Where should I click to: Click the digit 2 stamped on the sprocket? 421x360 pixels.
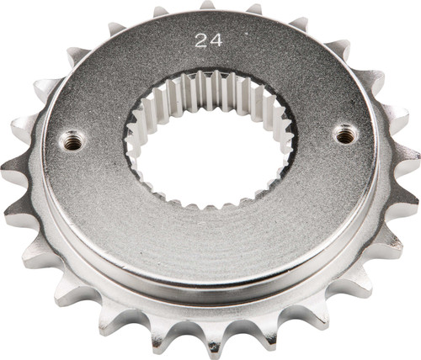coord(199,40)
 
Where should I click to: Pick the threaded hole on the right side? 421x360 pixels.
coord(345,132)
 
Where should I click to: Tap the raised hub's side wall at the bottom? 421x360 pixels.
coord(210,290)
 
